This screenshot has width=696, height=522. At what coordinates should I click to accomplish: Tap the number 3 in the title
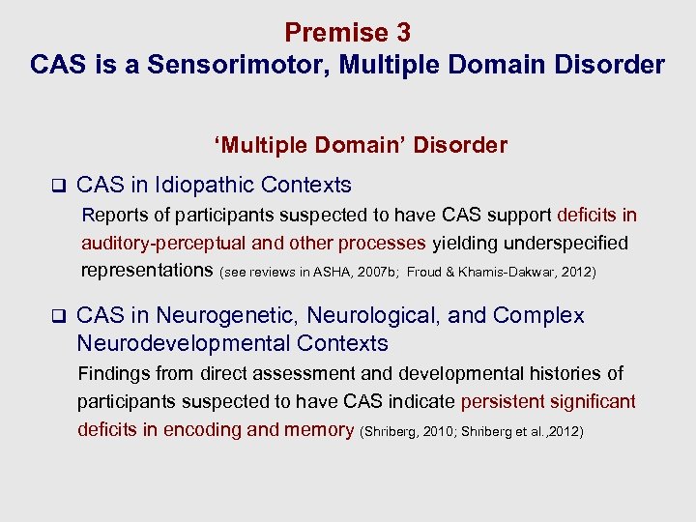(402, 33)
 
